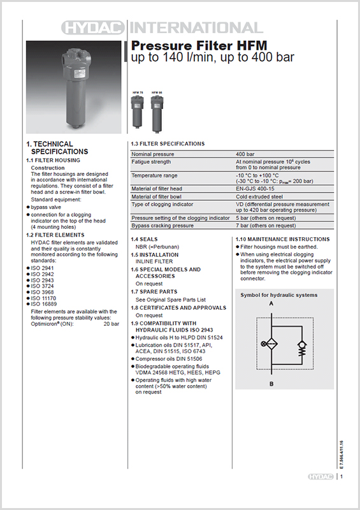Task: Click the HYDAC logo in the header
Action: click(94, 27)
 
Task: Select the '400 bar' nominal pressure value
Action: click(247, 154)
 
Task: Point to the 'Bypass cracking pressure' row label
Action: click(162, 225)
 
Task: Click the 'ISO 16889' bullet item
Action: click(43, 305)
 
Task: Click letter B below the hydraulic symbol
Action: click(272, 384)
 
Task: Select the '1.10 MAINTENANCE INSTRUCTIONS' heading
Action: click(283, 238)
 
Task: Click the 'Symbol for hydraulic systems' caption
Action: click(278, 295)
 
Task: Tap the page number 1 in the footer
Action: click(342, 476)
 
